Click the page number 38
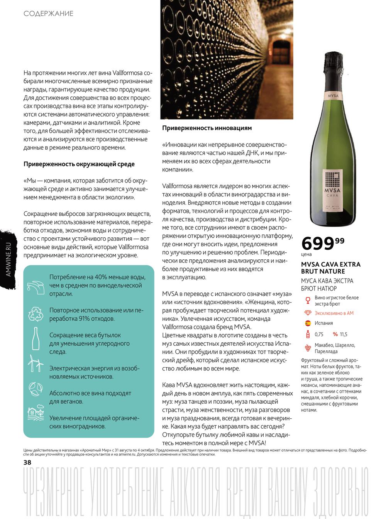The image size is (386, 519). pyautogui.click(x=28, y=462)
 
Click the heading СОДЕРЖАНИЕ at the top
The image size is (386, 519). pyautogui.click(x=48, y=14)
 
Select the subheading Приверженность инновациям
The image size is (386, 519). pyautogui.click(x=207, y=127)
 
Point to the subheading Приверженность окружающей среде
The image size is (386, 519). pyautogui.click(x=79, y=164)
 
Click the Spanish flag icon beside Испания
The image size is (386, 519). pyautogui.click(x=308, y=323)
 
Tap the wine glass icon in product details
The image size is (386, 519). pyautogui.click(x=308, y=300)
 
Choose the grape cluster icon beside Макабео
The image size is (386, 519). pyautogui.click(x=308, y=348)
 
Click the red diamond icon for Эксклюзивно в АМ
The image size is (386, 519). pyautogui.click(x=308, y=313)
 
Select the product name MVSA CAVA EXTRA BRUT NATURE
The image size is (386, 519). pyautogui.click(x=331, y=268)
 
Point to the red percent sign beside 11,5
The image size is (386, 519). pyautogui.click(x=335, y=334)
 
